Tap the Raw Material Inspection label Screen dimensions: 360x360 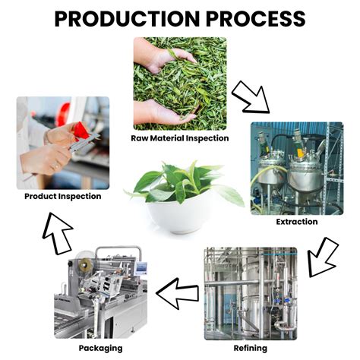point(180,138)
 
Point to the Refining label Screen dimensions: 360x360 point(251,348)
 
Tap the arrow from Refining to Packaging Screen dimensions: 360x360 point(177,292)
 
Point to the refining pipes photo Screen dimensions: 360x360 point(251,292)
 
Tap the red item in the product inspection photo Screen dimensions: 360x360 point(81,137)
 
